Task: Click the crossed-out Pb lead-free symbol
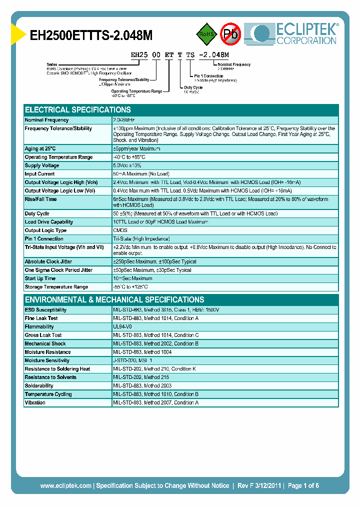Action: coord(231,34)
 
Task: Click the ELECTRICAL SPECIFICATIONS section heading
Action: coord(78,109)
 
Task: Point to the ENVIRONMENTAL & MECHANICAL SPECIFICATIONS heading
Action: coord(114,299)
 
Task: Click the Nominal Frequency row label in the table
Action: coord(47,120)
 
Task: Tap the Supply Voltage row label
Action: coord(42,165)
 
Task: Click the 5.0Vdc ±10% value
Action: coord(127,165)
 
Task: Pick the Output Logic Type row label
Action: coord(45,230)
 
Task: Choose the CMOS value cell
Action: coord(120,230)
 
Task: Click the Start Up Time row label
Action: coord(40,278)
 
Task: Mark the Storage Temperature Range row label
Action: coord(56,287)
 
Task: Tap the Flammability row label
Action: coord(39,326)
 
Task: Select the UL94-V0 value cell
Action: coord(122,326)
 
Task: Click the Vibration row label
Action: coord(35,402)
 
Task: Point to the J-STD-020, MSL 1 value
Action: coord(132,360)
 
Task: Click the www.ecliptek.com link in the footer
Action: coord(65,485)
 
